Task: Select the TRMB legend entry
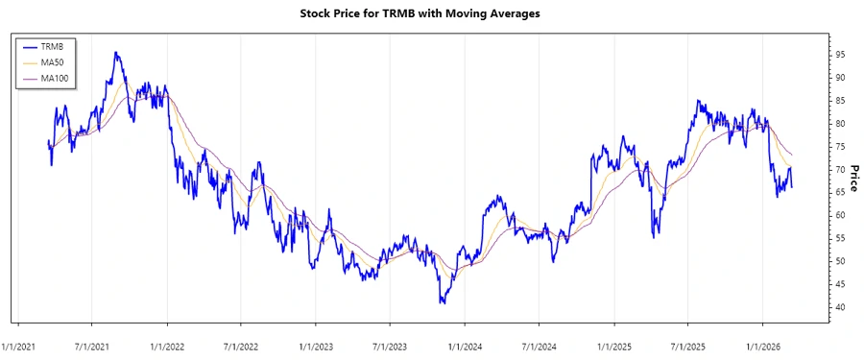click(x=53, y=45)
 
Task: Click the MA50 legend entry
click(x=53, y=61)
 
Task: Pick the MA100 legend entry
click(x=55, y=78)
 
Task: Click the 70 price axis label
click(x=840, y=169)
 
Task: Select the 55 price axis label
click(x=840, y=238)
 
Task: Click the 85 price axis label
click(x=840, y=100)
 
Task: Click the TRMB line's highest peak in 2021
click(x=115, y=53)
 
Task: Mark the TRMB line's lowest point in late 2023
click(x=442, y=303)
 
